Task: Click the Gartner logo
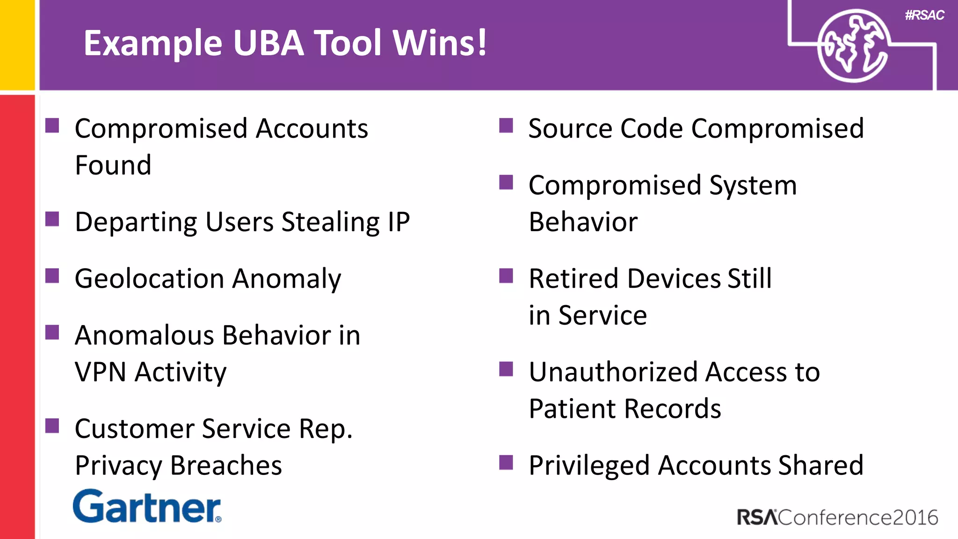[147, 507]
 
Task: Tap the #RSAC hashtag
[924, 15]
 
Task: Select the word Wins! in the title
[440, 43]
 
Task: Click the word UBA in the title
[269, 43]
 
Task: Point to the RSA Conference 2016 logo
[837, 517]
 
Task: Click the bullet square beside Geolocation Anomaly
[52, 276]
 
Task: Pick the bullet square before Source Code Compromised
[506, 125]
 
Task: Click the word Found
[113, 165]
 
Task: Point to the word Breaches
[225, 466]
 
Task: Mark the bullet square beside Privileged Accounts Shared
[506, 463]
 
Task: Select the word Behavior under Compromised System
[583, 222]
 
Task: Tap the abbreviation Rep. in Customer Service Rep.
[326, 430]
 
